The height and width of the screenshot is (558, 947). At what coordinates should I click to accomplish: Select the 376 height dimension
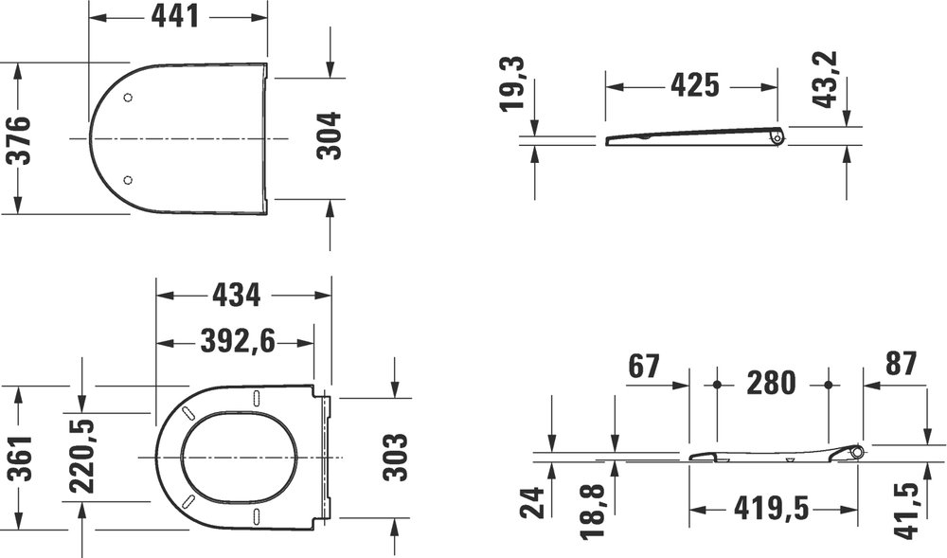click(18, 139)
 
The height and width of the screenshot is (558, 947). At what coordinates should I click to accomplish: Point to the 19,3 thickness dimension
click(514, 83)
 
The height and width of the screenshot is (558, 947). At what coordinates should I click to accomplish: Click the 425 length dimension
click(694, 86)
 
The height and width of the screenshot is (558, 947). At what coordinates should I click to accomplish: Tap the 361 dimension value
click(18, 458)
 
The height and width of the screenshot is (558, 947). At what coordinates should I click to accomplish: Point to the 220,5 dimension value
click(84, 458)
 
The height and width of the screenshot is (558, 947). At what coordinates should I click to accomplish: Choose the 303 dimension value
click(395, 458)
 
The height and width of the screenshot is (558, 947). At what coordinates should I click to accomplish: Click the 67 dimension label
click(642, 366)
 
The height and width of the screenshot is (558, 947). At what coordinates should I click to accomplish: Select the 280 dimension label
click(771, 385)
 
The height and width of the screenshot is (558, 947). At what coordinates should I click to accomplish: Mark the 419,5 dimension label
click(772, 511)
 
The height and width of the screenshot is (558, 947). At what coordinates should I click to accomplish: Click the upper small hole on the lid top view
click(130, 98)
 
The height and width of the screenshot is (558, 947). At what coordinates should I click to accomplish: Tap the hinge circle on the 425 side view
click(776, 138)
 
